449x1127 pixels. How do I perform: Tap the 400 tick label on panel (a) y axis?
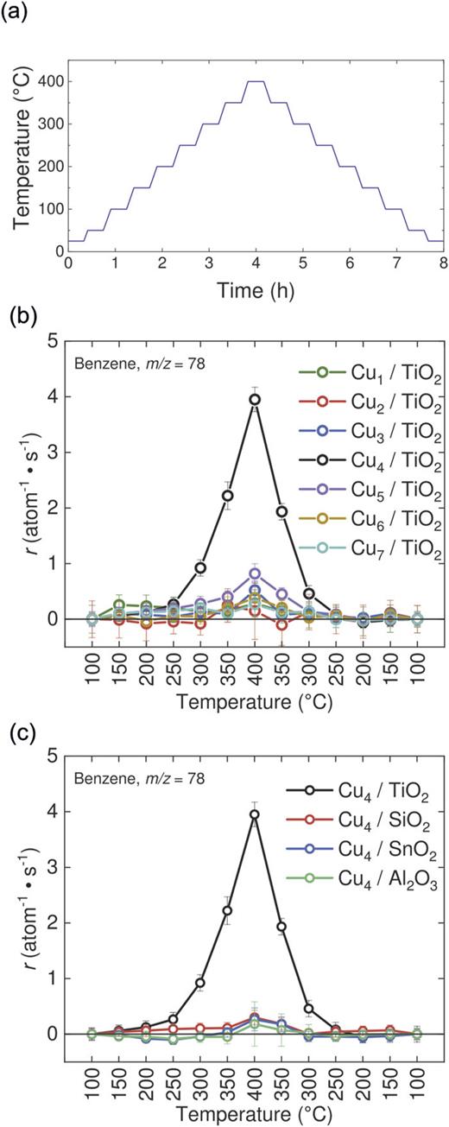48,81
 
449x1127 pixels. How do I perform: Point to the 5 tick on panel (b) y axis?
55,341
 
